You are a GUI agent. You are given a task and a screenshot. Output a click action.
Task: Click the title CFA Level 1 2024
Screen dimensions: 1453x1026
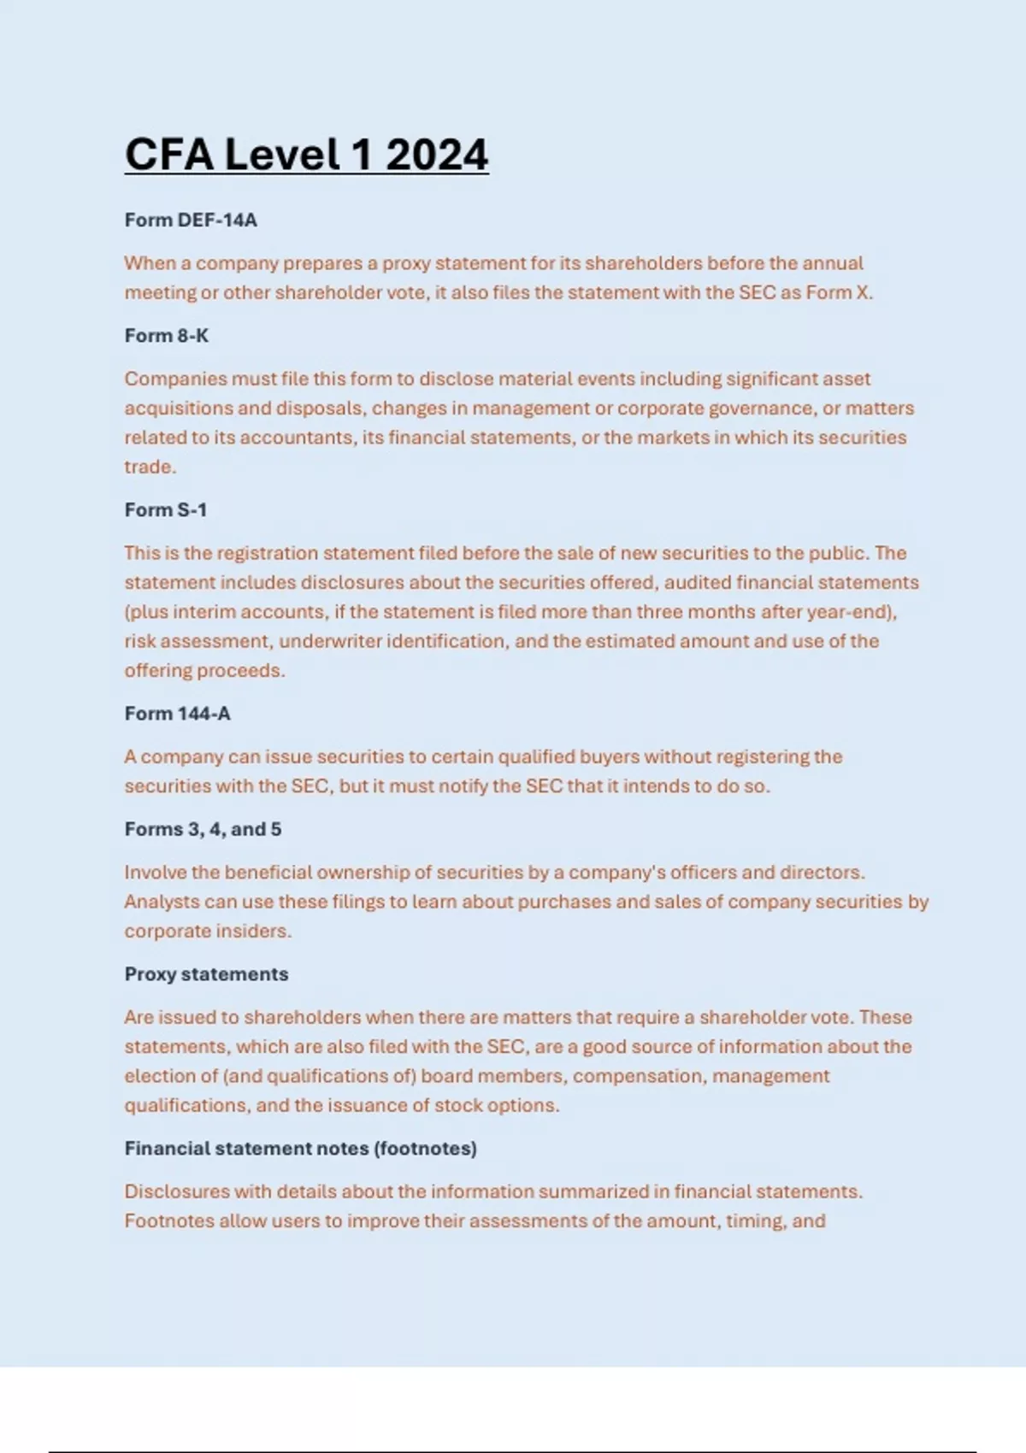point(306,155)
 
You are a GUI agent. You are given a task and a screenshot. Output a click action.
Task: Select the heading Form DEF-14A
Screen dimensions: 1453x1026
point(191,221)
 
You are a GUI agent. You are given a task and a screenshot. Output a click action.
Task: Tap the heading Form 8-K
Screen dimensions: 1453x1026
point(167,336)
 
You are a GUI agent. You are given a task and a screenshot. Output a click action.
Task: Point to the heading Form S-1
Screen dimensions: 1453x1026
point(166,510)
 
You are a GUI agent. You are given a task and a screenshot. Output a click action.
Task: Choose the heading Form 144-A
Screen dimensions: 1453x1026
point(178,714)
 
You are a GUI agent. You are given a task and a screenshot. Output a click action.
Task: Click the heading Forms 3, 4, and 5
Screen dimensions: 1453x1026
point(203,829)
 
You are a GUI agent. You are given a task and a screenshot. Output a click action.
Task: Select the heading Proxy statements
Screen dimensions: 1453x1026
point(206,974)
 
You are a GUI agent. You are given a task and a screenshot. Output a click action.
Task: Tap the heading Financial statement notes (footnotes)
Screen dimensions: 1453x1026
point(300,1149)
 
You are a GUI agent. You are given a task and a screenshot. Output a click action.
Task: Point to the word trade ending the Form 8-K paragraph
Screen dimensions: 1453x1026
point(149,467)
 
